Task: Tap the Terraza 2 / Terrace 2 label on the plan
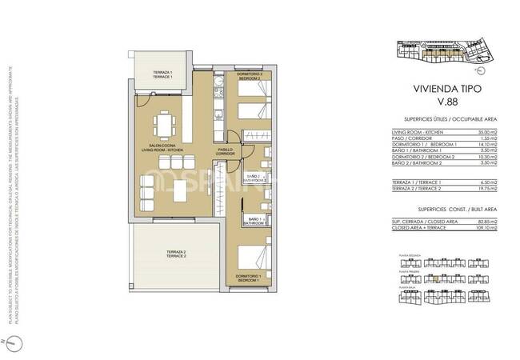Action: pos(176,253)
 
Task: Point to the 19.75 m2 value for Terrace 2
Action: pos(485,189)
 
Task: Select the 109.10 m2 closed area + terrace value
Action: pos(484,227)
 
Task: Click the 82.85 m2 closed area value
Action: pos(485,222)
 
